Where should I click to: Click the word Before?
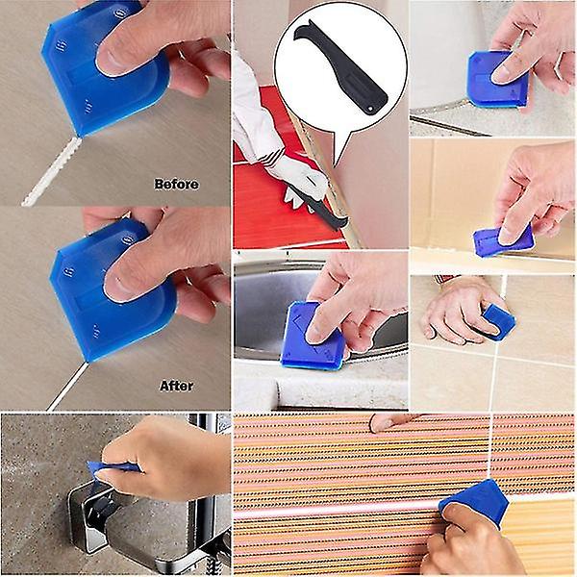click(177, 184)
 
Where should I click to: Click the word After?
click(176, 386)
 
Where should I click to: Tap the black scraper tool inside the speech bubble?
click(340, 66)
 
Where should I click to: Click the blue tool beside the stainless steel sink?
click(314, 336)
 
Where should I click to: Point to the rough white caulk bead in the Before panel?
click(52, 172)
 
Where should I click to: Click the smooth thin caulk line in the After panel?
click(67, 387)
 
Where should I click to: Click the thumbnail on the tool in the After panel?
click(118, 287)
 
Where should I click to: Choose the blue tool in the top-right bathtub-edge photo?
click(497, 80)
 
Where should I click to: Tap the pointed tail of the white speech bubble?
click(337, 162)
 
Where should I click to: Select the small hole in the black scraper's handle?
click(371, 108)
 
